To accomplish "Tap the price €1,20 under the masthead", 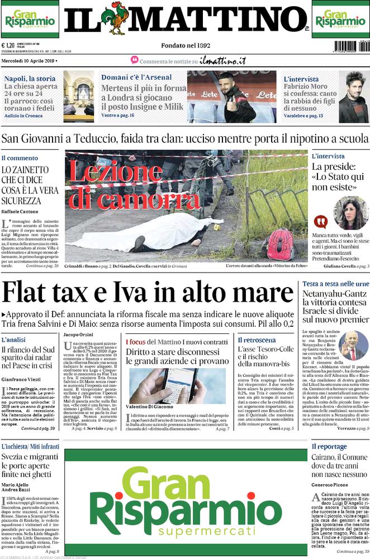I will coord(8,46).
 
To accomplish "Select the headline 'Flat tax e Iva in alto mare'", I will coord(148,293).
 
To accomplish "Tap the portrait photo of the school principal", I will coord(351,213).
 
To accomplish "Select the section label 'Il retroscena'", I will coord(256,340).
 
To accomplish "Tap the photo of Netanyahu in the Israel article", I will coord(353,346).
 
